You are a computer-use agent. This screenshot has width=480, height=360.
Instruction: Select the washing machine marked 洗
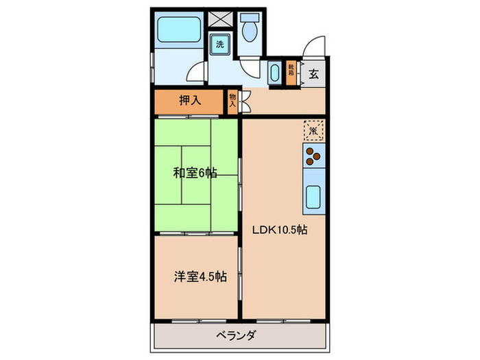tap(219, 45)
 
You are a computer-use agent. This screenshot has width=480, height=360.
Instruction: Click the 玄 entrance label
tap(313, 74)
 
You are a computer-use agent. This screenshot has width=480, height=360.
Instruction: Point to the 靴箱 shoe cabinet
tap(291, 73)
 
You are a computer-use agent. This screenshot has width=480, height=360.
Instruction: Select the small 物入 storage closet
tap(232, 102)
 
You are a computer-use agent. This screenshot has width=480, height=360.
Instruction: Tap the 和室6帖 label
tap(195, 173)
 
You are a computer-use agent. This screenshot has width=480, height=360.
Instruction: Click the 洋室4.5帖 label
tap(199, 277)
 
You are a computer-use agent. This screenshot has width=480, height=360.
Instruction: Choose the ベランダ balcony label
tap(236, 335)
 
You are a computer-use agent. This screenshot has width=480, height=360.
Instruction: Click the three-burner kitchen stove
tap(313, 157)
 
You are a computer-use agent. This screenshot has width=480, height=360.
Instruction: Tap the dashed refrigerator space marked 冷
tap(313, 130)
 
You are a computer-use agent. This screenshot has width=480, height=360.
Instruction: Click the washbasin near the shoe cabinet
tap(274, 73)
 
